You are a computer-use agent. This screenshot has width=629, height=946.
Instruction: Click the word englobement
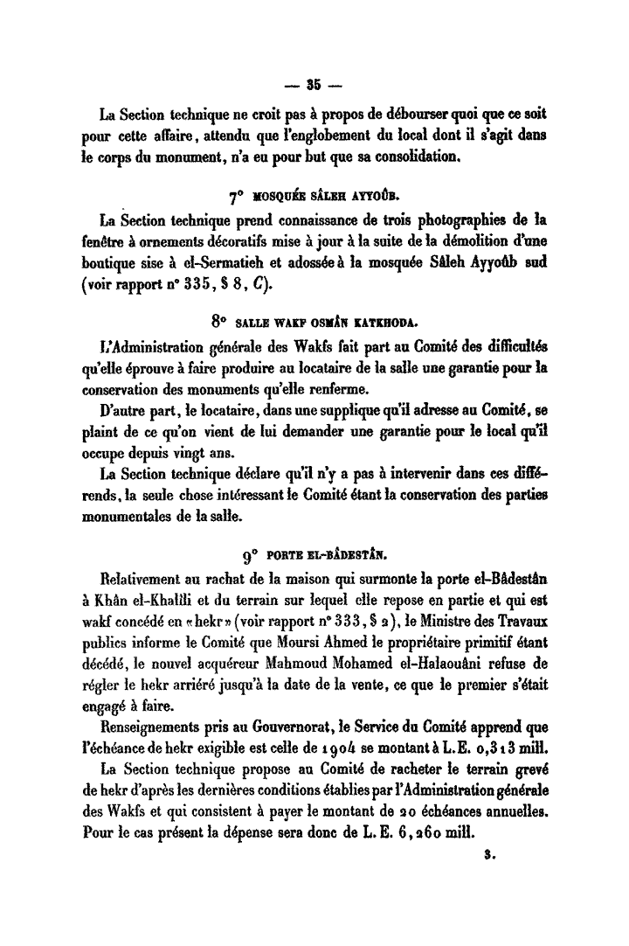coord(321,138)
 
